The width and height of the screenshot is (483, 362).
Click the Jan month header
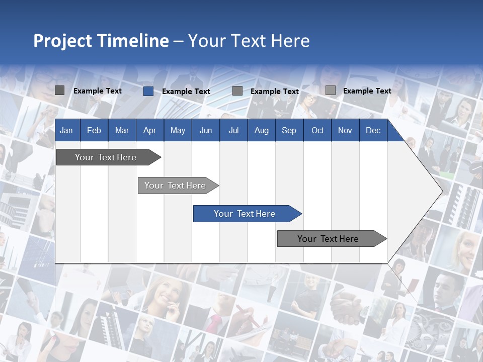click(x=66, y=131)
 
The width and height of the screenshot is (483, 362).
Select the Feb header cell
click(x=94, y=131)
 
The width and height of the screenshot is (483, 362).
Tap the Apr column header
click(x=149, y=131)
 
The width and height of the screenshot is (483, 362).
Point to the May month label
click(x=178, y=131)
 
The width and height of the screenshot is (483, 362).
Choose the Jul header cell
click(x=233, y=131)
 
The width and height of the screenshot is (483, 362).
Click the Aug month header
click(x=261, y=131)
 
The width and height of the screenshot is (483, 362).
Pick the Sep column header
click(x=289, y=131)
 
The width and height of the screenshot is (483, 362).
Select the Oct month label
click(x=317, y=131)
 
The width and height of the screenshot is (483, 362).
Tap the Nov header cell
click(x=345, y=131)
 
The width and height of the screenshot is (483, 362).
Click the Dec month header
click(x=373, y=131)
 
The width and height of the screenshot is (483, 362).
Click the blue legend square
click(x=148, y=91)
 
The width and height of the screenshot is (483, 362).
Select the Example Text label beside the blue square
click(x=186, y=92)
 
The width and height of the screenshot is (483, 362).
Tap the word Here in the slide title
click(x=290, y=41)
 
